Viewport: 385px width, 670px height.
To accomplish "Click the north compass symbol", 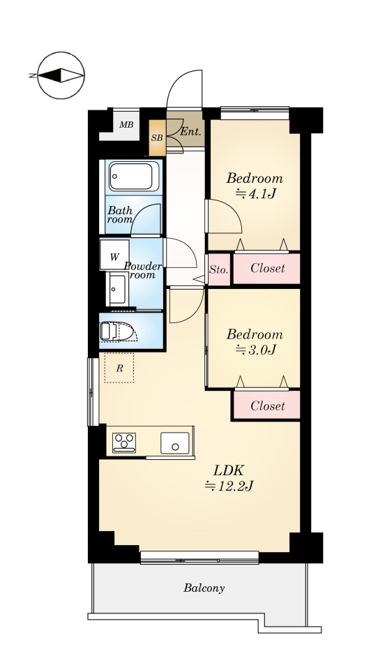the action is [x=61, y=75].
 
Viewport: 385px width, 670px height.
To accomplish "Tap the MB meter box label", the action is [x=126, y=125].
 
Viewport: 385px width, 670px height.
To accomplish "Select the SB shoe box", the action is [x=157, y=138].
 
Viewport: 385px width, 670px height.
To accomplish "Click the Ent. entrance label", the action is [x=190, y=132].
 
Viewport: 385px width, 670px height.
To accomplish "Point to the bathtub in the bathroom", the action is [x=134, y=177].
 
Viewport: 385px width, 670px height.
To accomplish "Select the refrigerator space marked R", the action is [x=119, y=368].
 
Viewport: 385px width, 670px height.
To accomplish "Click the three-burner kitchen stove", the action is [x=124, y=442].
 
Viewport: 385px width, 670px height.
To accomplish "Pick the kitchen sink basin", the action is [x=175, y=443].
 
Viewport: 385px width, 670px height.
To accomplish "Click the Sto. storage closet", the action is [x=219, y=269].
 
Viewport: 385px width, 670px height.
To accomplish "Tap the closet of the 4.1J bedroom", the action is [x=266, y=268].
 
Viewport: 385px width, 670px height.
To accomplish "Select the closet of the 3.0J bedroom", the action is [x=266, y=405].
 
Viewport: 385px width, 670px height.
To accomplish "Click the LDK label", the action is [x=228, y=471].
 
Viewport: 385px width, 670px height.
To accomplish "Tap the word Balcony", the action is [x=204, y=588].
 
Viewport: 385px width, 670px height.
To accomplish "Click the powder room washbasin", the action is [x=117, y=289].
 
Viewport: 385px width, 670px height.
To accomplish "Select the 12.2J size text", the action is [x=229, y=486].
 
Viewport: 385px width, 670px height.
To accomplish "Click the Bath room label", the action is [x=120, y=214].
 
